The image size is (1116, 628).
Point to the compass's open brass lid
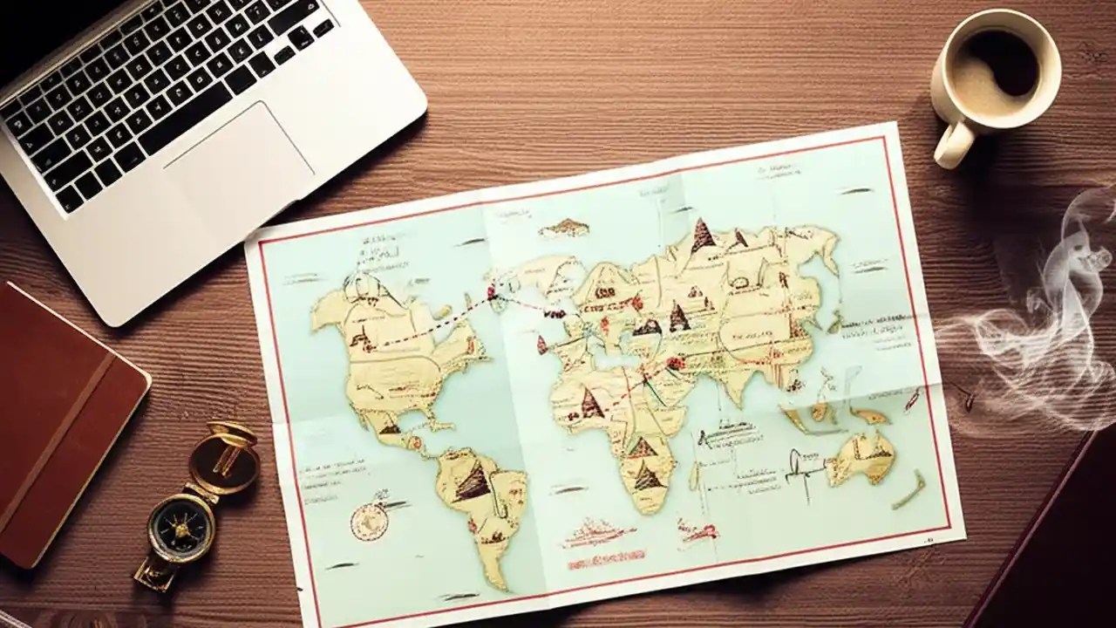225,457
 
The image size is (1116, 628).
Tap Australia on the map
863,457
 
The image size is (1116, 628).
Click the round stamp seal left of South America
368,522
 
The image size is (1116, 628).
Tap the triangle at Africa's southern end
645,477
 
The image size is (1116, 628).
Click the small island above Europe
565,229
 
